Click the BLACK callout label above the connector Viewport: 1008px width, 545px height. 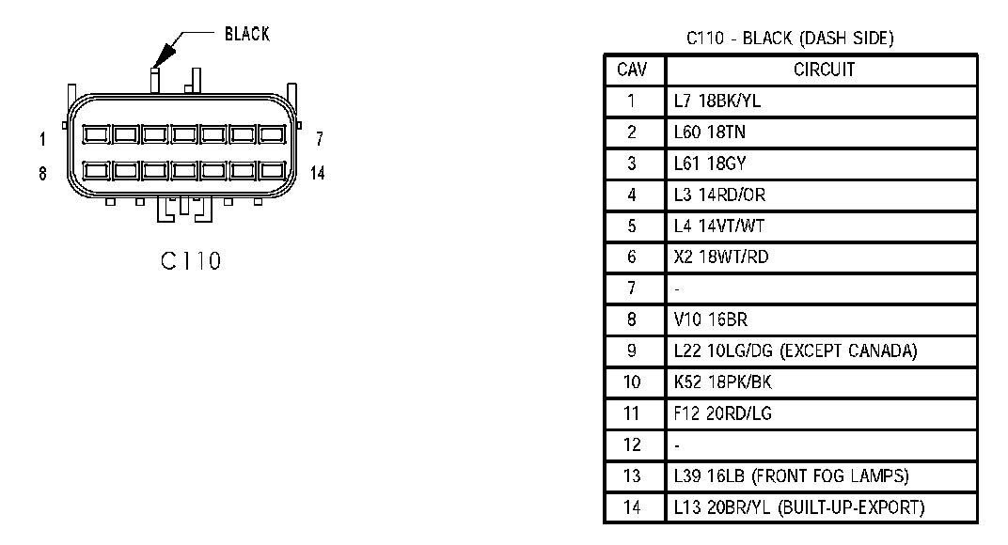(246, 35)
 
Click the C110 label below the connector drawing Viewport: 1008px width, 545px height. (190, 260)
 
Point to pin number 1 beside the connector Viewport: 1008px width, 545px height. (42, 140)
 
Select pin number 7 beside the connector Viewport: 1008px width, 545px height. (320, 140)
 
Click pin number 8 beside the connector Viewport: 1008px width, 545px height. (42, 174)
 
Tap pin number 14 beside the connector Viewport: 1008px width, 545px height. (318, 174)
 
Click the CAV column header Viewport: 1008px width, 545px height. (632, 70)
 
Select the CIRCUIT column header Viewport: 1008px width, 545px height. (824, 70)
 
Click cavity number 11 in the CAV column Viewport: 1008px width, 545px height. (632, 413)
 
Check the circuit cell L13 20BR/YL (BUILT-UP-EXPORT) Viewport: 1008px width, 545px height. (798, 507)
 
